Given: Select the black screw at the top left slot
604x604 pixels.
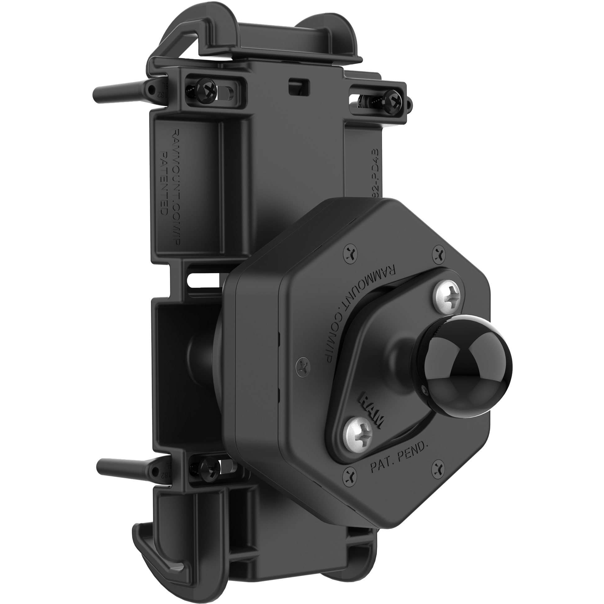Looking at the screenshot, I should pos(203,91).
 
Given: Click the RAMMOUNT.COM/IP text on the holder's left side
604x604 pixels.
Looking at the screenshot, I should pos(175,187).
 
